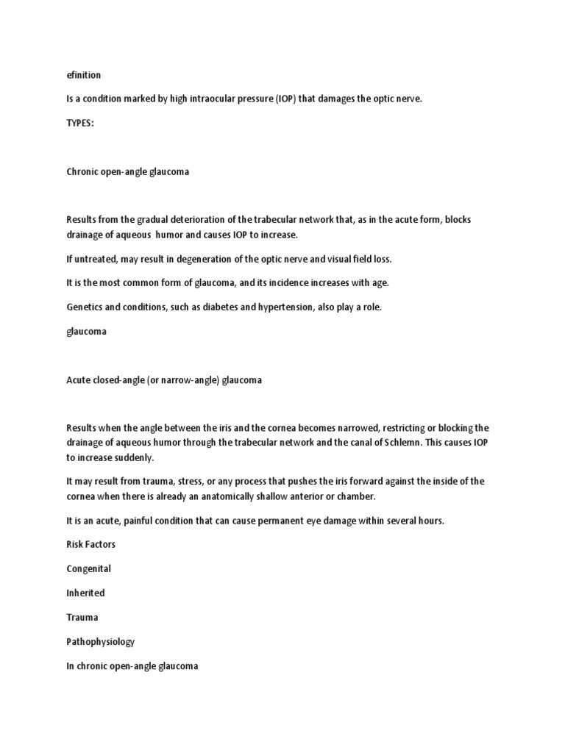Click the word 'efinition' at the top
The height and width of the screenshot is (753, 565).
click(x=83, y=74)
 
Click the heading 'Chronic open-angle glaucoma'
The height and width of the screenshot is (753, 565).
click(x=127, y=171)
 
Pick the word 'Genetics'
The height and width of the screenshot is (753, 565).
click(x=84, y=307)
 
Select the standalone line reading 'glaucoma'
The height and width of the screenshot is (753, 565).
click(x=86, y=332)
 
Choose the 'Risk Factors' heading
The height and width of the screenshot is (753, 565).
click(x=91, y=545)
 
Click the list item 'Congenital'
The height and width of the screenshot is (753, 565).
click(x=88, y=569)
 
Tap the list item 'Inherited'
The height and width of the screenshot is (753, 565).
click(x=85, y=593)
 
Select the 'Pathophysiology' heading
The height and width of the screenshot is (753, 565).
click(x=100, y=641)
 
